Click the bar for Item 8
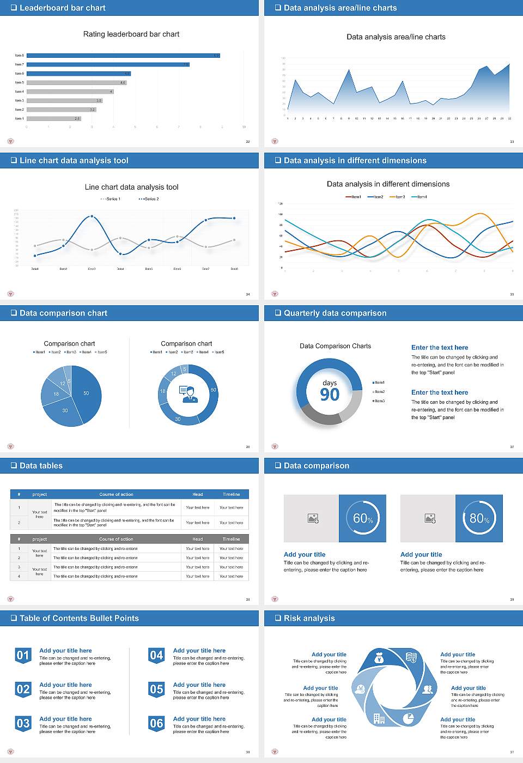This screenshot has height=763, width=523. (x=123, y=56)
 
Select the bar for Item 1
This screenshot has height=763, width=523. (x=53, y=118)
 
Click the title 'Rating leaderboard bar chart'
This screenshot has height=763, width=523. (x=131, y=34)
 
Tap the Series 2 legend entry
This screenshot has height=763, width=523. (x=149, y=199)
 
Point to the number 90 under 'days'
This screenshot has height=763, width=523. (x=330, y=395)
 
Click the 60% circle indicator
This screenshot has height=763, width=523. (x=363, y=518)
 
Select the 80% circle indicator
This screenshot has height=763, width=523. (x=479, y=518)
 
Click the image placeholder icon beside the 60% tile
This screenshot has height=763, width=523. (x=313, y=518)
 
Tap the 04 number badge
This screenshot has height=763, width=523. (x=156, y=656)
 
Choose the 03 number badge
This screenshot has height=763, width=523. (x=23, y=724)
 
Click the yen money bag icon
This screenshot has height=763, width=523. (x=379, y=659)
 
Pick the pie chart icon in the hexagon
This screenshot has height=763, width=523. (x=408, y=718)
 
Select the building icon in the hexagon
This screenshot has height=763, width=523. (x=379, y=718)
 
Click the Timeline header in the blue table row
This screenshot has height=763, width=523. (x=231, y=494)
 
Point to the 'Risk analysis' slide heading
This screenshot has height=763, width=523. (x=309, y=619)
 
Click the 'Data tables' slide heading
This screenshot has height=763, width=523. (x=41, y=466)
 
